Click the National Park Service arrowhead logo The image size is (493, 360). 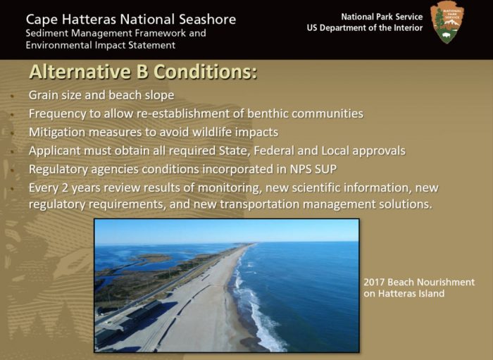pyautogui.click(x=447, y=23)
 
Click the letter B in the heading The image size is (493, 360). pyautogui.click(x=142, y=72)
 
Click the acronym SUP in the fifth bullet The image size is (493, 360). pyautogui.click(x=325, y=169)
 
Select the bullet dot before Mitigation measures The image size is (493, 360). pyautogui.click(x=12, y=133)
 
